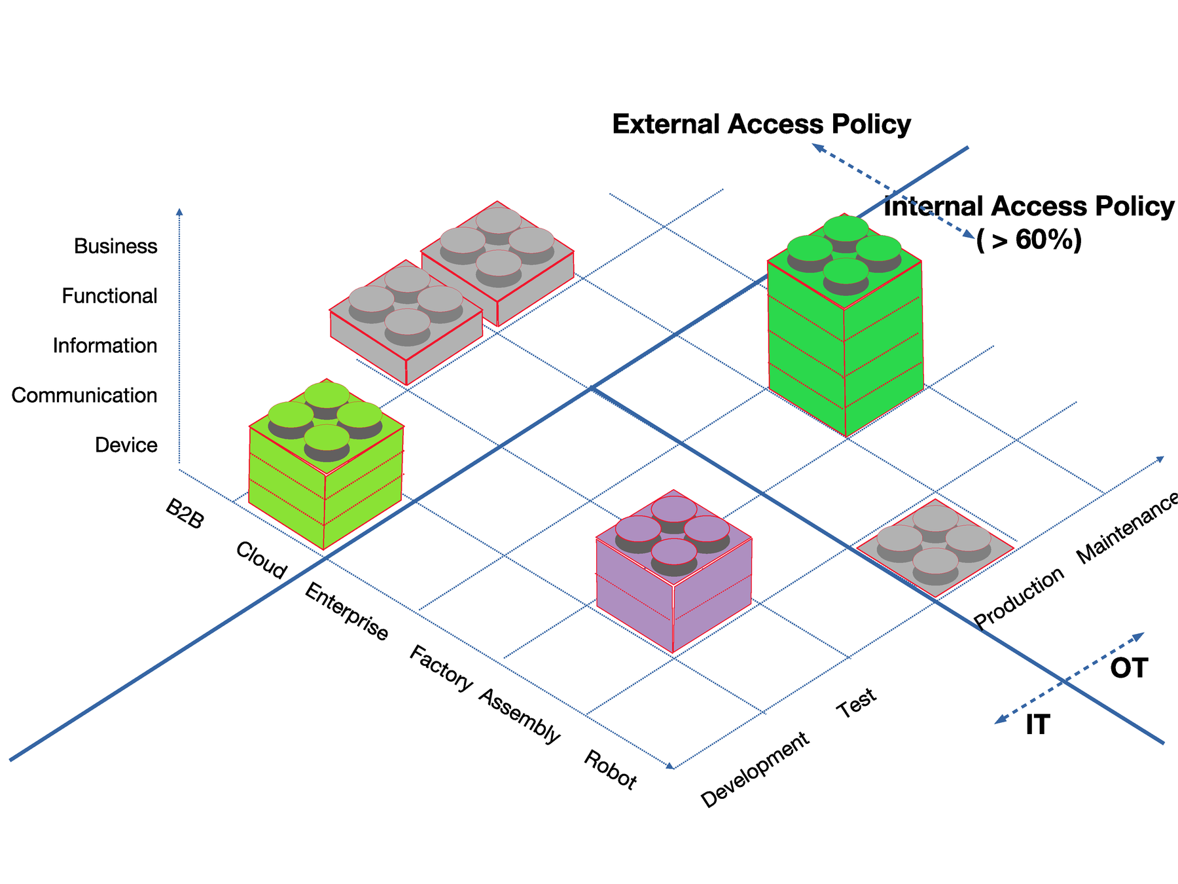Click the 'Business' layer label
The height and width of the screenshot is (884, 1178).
115,246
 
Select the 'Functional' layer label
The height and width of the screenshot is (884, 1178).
109,296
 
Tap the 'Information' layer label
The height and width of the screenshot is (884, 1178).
105,346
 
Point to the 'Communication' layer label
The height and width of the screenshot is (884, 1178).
84,396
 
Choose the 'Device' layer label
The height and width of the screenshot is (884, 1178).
126,445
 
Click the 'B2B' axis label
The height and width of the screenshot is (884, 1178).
185,515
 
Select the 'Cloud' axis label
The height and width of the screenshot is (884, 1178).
260,561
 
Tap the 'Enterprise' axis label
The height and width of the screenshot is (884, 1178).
346,612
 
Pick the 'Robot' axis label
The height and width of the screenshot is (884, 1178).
610,770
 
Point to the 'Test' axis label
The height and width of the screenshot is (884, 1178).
857,703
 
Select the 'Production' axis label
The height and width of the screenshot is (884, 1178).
1019,597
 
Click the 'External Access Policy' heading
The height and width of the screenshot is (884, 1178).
761,124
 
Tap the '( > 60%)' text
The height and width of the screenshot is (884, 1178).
1029,240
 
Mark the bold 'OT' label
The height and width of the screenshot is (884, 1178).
1129,669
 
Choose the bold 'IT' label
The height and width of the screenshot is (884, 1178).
1037,725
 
